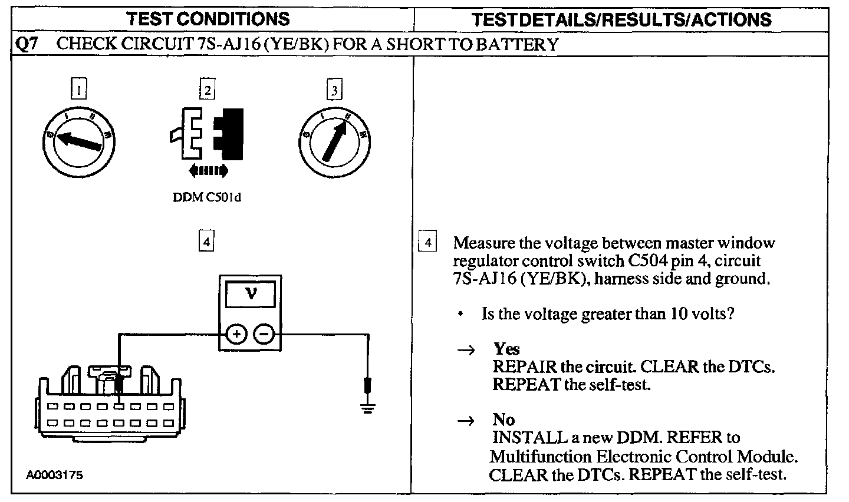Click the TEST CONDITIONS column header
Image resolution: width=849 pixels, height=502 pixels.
pos(209,19)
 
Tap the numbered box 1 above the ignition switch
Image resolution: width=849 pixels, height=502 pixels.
pos(78,90)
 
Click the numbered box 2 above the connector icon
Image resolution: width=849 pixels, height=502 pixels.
pos(207,90)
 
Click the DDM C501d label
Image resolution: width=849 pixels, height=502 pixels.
pos(207,197)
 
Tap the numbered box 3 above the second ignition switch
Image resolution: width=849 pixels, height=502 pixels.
pos(335,90)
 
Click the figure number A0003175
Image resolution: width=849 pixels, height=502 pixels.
pos(54,475)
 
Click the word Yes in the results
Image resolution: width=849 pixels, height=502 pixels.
pos(506,349)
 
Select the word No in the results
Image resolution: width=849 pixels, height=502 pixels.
pos(504,420)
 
